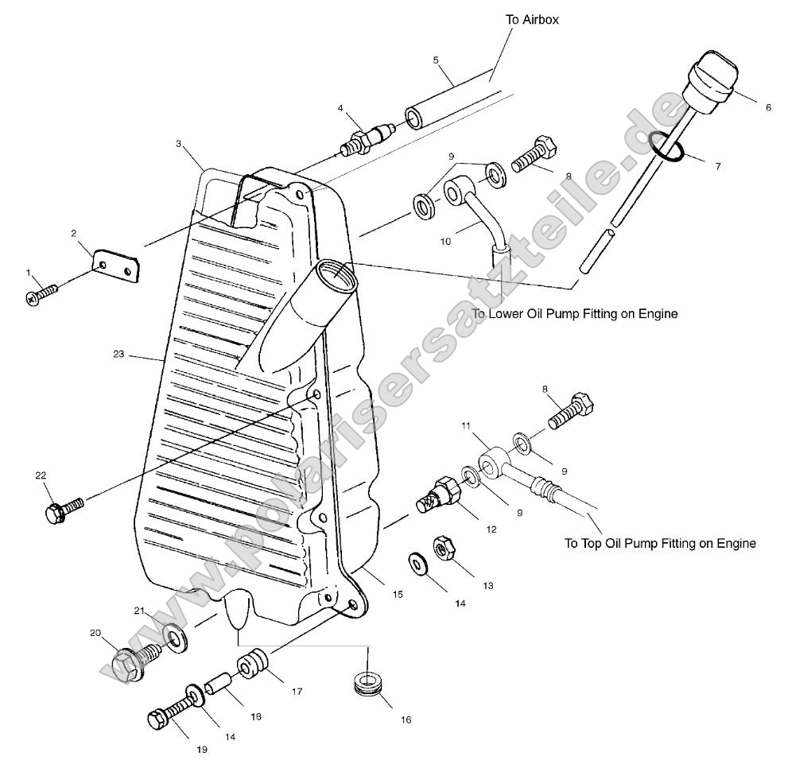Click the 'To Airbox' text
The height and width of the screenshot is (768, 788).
(532, 19)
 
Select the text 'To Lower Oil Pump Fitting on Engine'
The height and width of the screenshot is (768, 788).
(574, 314)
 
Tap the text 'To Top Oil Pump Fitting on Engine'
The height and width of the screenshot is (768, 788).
(659, 544)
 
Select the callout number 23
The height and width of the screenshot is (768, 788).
(118, 354)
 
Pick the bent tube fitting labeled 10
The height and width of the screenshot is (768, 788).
(474, 211)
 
